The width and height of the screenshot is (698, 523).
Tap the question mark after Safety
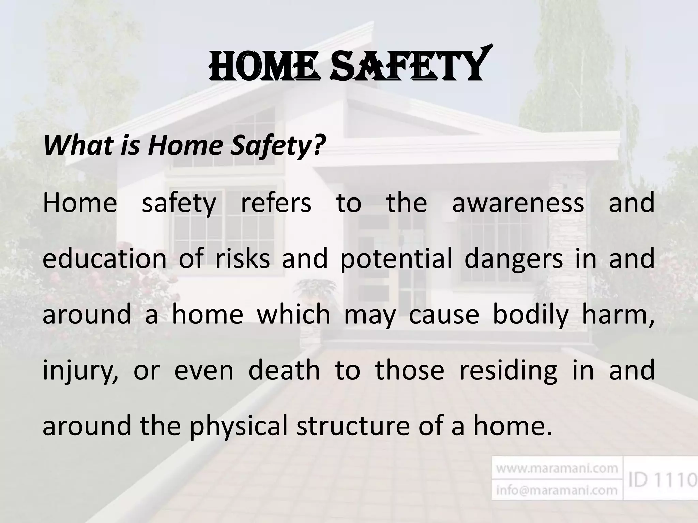[317, 145]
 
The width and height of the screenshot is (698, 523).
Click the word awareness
[518, 203]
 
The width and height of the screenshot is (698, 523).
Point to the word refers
[276, 203]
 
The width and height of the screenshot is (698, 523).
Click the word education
[104, 259]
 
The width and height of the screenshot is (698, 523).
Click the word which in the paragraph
[293, 314]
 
